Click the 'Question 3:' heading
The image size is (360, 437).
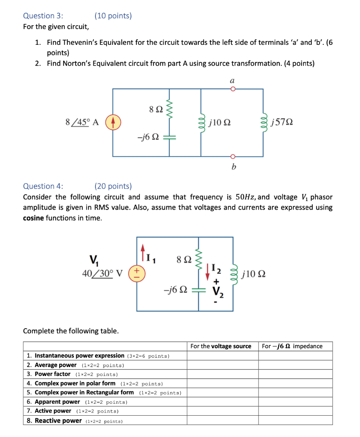(x=43, y=16)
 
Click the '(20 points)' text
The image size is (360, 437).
(x=113, y=186)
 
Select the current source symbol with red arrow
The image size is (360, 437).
(x=113, y=122)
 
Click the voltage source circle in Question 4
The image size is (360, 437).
(x=137, y=273)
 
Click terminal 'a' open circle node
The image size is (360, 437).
(x=233, y=89)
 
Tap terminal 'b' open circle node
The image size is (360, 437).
(x=233, y=156)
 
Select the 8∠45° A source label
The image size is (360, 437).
(x=82, y=122)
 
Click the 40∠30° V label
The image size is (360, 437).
(x=102, y=274)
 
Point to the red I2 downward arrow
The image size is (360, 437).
(x=208, y=271)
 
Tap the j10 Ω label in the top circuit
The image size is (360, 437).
(x=221, y=123)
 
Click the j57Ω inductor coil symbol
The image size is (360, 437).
(x=263, y=122)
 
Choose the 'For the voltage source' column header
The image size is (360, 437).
(x=221, y=346)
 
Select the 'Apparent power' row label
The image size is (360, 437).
(x=57, y=402)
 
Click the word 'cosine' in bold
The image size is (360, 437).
(x=35, y=218)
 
